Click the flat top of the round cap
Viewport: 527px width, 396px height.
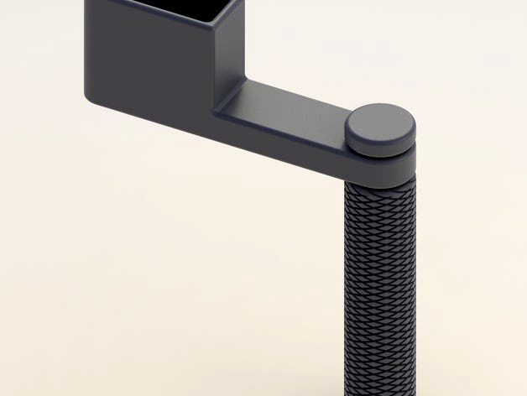[x=379, y=122]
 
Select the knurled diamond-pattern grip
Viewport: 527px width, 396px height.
[x=379, y=277]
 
